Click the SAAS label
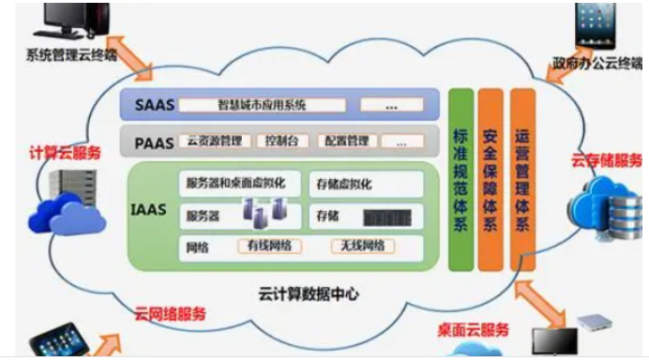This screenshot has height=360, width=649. click(x=150, y=104)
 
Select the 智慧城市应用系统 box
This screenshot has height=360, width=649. click(x=262, y=104)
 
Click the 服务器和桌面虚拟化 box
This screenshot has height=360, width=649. click(x=242, y=182)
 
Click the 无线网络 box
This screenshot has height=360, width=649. click(x=359, y=247)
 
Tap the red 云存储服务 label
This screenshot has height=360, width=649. click(x=607, y=158)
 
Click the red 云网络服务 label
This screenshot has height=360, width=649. click(x=170, y=313)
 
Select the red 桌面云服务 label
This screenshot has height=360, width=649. click(x=474, y=329)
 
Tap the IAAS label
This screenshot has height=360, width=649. click(x=149, y=210)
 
